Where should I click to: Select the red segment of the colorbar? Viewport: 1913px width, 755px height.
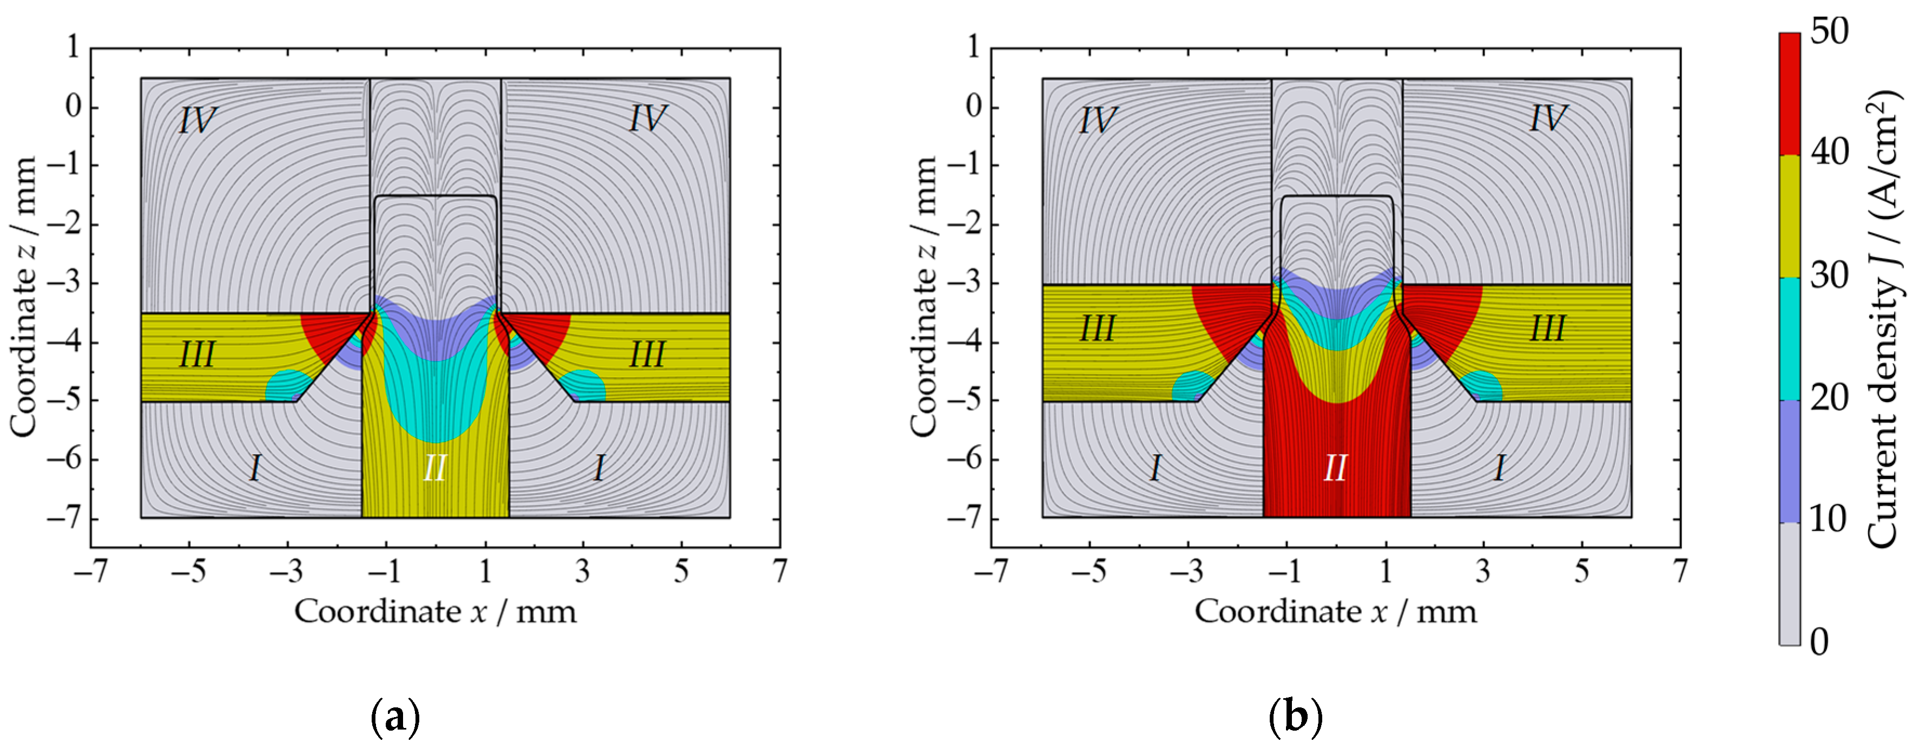(1790, 94)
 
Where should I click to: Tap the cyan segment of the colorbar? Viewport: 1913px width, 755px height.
(1790, 339)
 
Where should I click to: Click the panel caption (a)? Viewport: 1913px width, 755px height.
(394, 718)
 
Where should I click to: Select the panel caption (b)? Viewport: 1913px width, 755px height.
(1296, 718)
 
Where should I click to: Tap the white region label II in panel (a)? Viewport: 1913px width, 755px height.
(435, 469)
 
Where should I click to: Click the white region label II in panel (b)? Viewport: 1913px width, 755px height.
(1335, 469)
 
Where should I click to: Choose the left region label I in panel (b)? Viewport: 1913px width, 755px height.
(1156, 469)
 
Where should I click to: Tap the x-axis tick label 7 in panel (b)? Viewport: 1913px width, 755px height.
(1679, 572)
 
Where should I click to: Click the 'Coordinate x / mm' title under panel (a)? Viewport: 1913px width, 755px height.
(435, 612)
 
